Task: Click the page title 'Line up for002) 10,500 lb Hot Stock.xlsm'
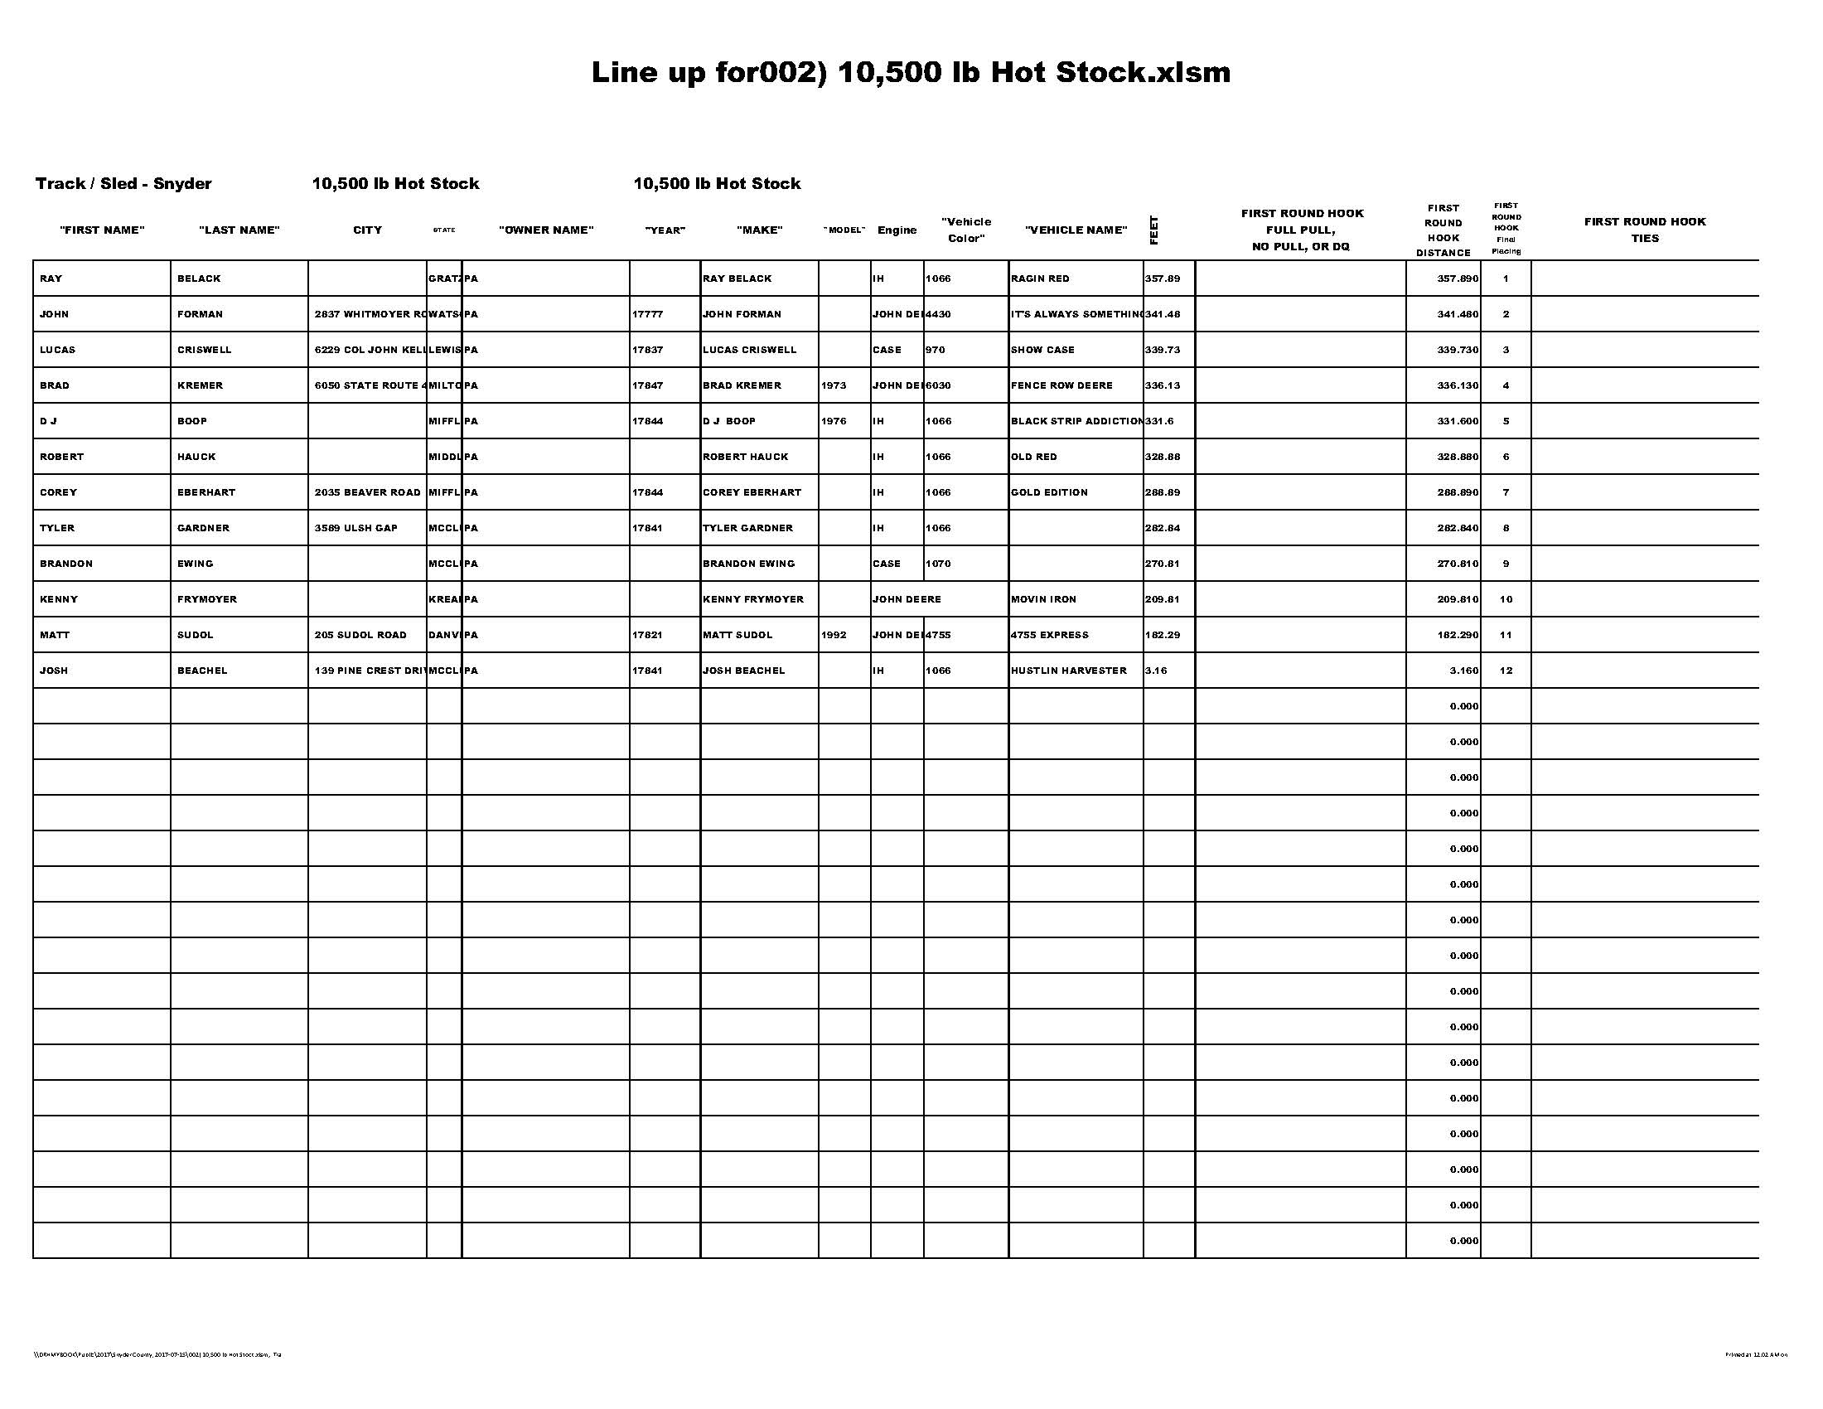pos(911,73)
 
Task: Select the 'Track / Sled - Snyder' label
pos(123,184)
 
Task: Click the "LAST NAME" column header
pos(239,230)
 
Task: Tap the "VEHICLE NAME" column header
pos(1076,230)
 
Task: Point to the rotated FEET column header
pos(1154,230)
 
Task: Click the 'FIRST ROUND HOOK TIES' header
pos(1644,230)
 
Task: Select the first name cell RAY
pos(51,278)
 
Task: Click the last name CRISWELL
pos(205,350)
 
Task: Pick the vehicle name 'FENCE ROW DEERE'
pos(1061,385)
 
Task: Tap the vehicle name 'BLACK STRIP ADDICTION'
pos(1076,422)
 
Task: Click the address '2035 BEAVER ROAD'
pos(367,492)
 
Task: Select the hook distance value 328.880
pos(1458,458)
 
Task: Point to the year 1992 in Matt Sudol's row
pos(834,635)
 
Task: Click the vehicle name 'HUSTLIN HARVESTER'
pos(1068,671)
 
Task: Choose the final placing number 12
pos(1506,671)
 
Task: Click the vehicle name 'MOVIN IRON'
pos(1043,599)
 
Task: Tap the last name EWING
pos(196,564)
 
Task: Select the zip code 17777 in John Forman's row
pos(647,315)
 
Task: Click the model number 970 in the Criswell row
pos(936,350)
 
